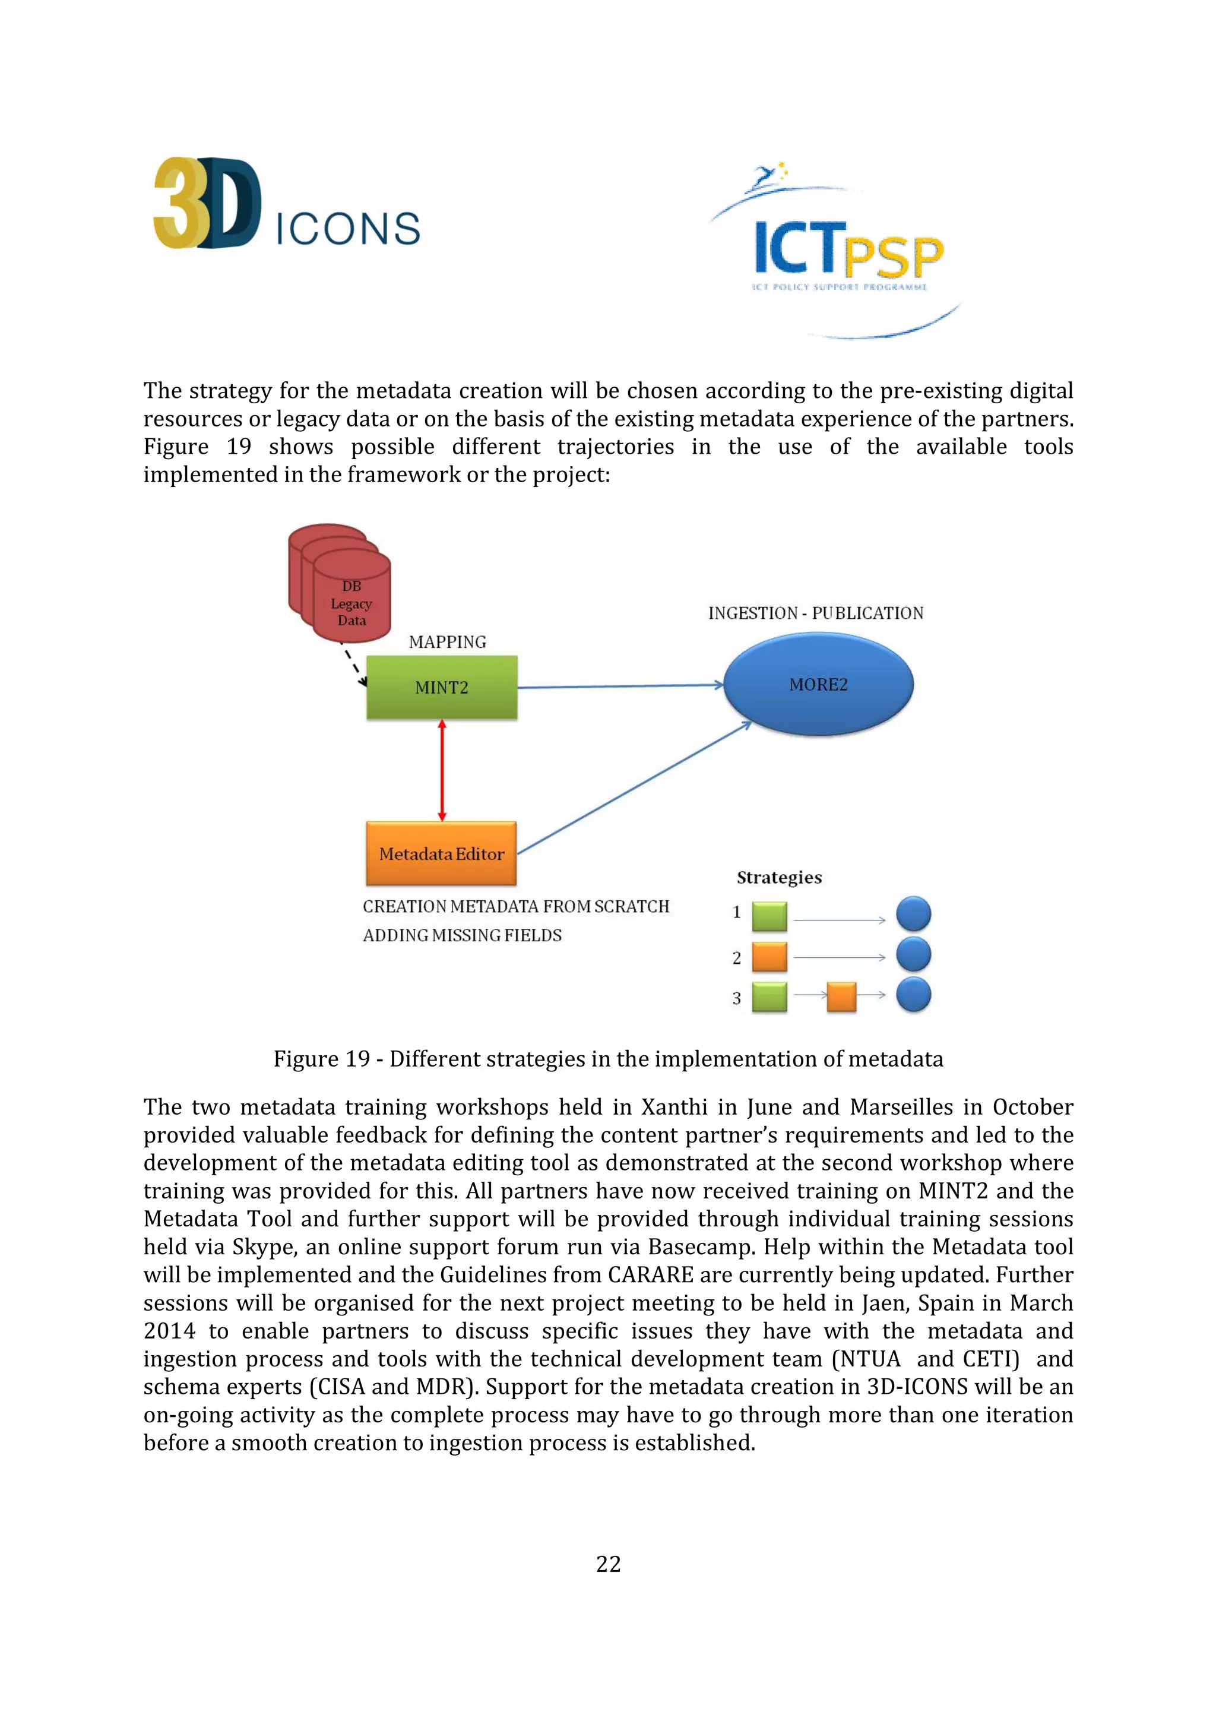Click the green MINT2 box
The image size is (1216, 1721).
(441, 687)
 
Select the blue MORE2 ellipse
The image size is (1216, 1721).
(818, 684)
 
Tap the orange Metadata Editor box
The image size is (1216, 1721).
(441, 854)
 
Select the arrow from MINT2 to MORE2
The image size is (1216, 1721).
(620, 686)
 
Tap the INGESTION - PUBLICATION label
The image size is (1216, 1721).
(816, 613)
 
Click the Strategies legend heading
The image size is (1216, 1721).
(779, 878)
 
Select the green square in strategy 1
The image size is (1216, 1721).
(769, 916)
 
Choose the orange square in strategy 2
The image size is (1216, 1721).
(769, 957)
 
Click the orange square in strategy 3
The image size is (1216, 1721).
(841, 998)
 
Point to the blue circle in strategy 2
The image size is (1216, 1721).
(913, 955)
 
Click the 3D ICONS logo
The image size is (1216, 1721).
(286, 204)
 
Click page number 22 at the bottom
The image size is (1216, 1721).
(607, 1564)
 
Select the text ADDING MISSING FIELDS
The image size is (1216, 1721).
(463, 935)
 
